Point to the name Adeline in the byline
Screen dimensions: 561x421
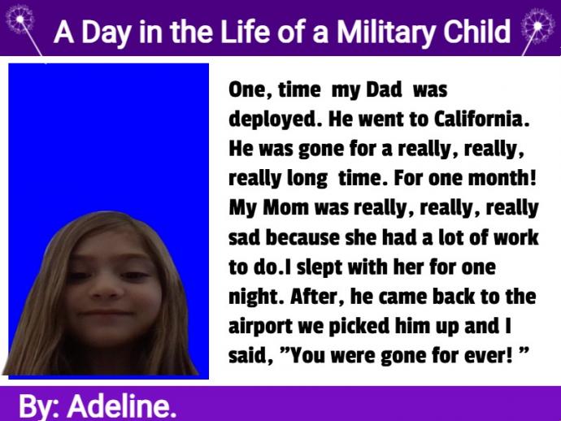click(x=122, y=406)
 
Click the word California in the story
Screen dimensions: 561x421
click(x=481, y=119)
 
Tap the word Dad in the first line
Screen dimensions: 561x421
click(x=384, y=89)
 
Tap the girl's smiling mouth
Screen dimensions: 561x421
click(x=106, y=313)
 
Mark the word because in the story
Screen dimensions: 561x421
click(x=302, y=238)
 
